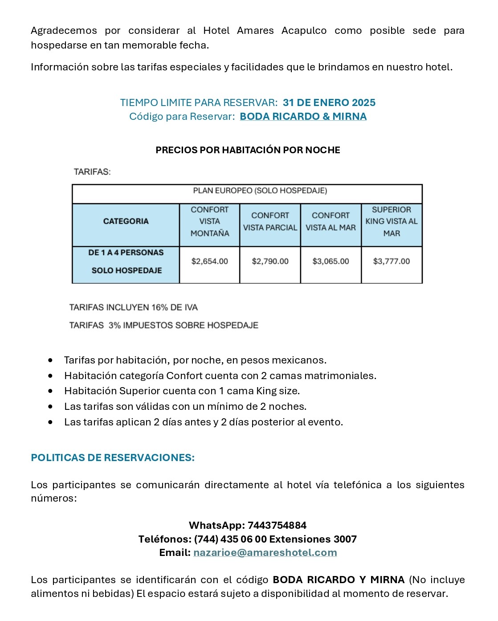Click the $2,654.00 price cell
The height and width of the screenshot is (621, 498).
(209, 261)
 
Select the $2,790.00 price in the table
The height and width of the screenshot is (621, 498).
(270, 261)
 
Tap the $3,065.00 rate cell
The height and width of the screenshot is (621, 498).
(331, 261)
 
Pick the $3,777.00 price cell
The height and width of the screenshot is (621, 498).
(391, 261)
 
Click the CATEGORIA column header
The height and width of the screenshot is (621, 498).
(126, 221)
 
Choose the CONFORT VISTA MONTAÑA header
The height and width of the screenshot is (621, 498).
(209, 221)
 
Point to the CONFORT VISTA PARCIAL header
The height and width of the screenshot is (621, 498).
(270, 221)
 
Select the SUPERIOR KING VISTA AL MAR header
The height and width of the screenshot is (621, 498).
(391, 221)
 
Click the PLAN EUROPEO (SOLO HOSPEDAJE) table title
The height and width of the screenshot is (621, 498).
(260, 191)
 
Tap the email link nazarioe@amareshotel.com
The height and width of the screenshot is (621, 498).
(265, 553)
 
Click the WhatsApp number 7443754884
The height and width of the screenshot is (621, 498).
(277, 526)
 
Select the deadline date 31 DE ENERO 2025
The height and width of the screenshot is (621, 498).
(329, 103)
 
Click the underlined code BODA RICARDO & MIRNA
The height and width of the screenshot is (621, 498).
(303, 117)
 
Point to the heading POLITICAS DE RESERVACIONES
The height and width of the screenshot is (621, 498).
(113, 458)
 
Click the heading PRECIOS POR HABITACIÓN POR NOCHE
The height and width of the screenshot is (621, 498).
(248, 150)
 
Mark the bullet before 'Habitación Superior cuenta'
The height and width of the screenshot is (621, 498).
(51, 391)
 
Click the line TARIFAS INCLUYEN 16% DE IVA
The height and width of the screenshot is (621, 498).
(133, 307)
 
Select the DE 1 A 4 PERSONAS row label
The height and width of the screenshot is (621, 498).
(126, 253)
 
